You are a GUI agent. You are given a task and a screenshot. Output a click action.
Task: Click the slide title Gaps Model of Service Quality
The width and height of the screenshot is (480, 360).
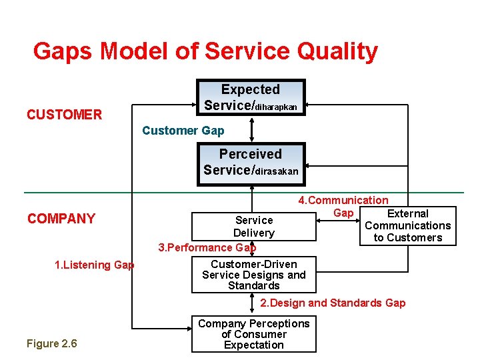(205, 51)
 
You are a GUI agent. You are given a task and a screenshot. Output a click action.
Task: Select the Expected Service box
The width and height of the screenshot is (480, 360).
(251, 97)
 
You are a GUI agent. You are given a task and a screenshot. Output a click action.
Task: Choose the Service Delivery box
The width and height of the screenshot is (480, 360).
(253, 226)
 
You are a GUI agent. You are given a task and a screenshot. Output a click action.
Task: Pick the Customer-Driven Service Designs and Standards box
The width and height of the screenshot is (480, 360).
(253, 275)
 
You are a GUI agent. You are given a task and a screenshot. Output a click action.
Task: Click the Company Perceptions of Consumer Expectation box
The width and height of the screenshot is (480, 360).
(253, 334)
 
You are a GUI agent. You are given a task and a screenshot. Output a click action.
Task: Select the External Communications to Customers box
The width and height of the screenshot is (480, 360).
(407, 226)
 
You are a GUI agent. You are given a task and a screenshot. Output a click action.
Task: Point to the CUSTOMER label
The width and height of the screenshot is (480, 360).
(64, 115)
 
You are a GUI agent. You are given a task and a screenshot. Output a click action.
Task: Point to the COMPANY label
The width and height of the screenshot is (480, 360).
(61, 219)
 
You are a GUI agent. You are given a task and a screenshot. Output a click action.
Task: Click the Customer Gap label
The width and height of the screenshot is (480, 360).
(183, 131)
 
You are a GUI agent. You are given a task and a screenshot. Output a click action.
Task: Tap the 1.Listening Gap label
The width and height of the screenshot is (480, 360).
(94, 265)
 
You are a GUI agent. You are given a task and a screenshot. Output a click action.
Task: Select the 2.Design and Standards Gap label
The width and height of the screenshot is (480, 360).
(332, 303)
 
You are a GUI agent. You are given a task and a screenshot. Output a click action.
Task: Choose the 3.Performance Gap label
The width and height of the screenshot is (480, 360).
(207, 247)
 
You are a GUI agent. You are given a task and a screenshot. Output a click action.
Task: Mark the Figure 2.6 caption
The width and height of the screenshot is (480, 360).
(51, 343)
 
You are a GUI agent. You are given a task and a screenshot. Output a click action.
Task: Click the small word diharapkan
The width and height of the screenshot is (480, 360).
(281, 107)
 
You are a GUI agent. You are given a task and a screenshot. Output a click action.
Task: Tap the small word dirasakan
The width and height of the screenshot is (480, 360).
(279, 171)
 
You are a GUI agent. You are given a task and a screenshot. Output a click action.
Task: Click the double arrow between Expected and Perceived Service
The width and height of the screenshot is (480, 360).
(251, 129)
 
